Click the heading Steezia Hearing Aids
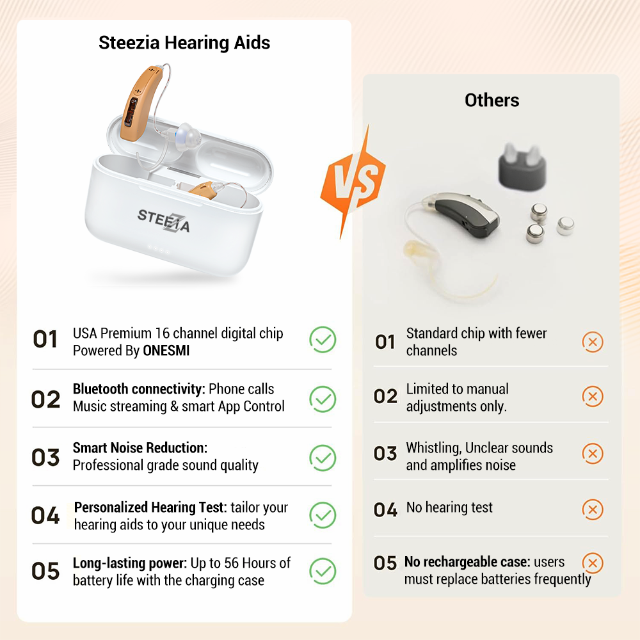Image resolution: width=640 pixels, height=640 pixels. coord(184,43)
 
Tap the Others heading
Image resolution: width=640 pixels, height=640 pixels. coord(492,100)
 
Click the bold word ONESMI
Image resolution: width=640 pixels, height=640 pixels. coord(166,351)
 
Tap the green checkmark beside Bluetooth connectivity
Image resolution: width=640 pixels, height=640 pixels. coord(323,398)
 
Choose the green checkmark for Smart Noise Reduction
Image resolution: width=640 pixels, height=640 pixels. coord(323,457)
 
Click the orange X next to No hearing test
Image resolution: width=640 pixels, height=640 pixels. coord(593,509)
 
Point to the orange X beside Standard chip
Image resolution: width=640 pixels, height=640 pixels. coord(593,342)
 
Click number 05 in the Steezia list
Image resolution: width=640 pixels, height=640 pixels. coord(45,572)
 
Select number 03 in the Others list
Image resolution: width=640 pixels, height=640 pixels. coord(385,454)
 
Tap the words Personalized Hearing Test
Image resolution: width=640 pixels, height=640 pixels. coord(150,508)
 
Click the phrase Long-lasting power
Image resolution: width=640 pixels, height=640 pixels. coord(130,563)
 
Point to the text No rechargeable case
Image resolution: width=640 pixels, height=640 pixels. coord(467,562)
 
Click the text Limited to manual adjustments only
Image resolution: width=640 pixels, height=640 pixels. coord(457,397)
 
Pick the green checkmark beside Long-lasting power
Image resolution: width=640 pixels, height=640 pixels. coord(323,571)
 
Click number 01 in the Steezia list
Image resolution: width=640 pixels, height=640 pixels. coord(45,340)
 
